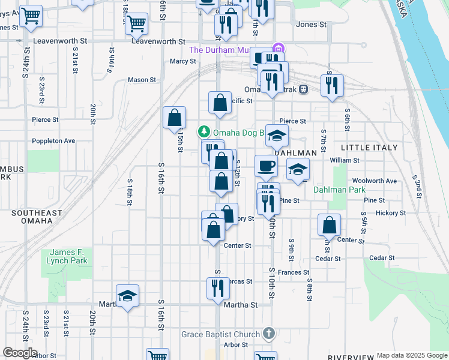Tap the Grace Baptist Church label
tap(221, 334)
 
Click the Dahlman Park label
tap(339, 190)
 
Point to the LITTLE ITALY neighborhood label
tap(369, 147)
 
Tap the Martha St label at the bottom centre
tap(240, 305)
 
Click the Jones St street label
tap(311, 25)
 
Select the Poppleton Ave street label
tap(53, 141)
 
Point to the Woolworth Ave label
tap(375, 181)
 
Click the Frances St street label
tap(293, 272)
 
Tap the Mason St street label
tap(142, 79)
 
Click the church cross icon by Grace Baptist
tap(269, 333)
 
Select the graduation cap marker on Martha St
tap(127, 295)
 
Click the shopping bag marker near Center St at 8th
tap(329, 225)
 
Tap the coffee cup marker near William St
tap(266, 166)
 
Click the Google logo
tap(20, 353)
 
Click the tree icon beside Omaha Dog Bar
tap(204, 130)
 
